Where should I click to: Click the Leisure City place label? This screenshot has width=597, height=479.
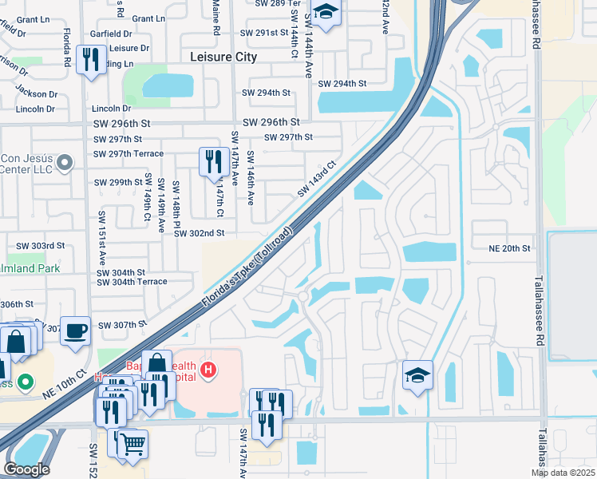click(x=224, y=57)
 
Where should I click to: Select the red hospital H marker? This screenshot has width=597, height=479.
click(x=209, y=370)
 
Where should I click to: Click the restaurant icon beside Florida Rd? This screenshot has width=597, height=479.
click(x=90, y=58)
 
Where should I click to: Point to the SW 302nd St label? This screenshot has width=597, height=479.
click(x=200, y=233)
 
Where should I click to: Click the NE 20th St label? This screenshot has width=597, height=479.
click(x=510, y=249)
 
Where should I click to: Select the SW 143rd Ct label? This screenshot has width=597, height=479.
click(x=317, y=181)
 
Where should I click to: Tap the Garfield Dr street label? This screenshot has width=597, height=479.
click(x=111, y=34)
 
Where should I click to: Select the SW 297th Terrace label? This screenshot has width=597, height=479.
click(x=128, y=154)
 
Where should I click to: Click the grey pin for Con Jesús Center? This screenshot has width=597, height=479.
click(x=65, y=163)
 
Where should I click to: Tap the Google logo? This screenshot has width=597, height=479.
click(x=26, y=469)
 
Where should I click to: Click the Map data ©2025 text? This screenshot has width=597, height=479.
click(x=562, y=473)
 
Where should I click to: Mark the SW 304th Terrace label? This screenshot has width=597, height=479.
click(x=132, y=282)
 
